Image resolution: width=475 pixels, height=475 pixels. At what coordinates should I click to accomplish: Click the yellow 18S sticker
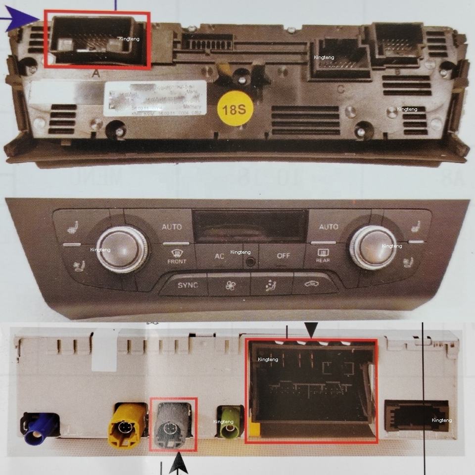point(235,108)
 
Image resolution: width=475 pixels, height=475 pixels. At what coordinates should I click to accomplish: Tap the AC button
point(219,256)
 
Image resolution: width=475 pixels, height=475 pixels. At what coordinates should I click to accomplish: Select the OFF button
point(283,256)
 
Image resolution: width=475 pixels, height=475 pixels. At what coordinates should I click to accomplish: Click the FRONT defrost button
point(177,256)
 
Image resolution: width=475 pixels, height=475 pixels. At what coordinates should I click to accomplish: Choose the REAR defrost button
point(323,255)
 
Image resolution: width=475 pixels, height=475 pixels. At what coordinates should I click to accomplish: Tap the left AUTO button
point(172,227)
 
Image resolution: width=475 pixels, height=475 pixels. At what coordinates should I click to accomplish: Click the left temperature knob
point(122,248)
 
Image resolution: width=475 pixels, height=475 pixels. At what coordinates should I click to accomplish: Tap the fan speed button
point(230,285)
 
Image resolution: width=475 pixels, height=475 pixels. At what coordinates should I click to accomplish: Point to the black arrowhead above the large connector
point(311,329)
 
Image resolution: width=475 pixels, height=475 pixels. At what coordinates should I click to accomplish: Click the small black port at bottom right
point(416,416)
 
